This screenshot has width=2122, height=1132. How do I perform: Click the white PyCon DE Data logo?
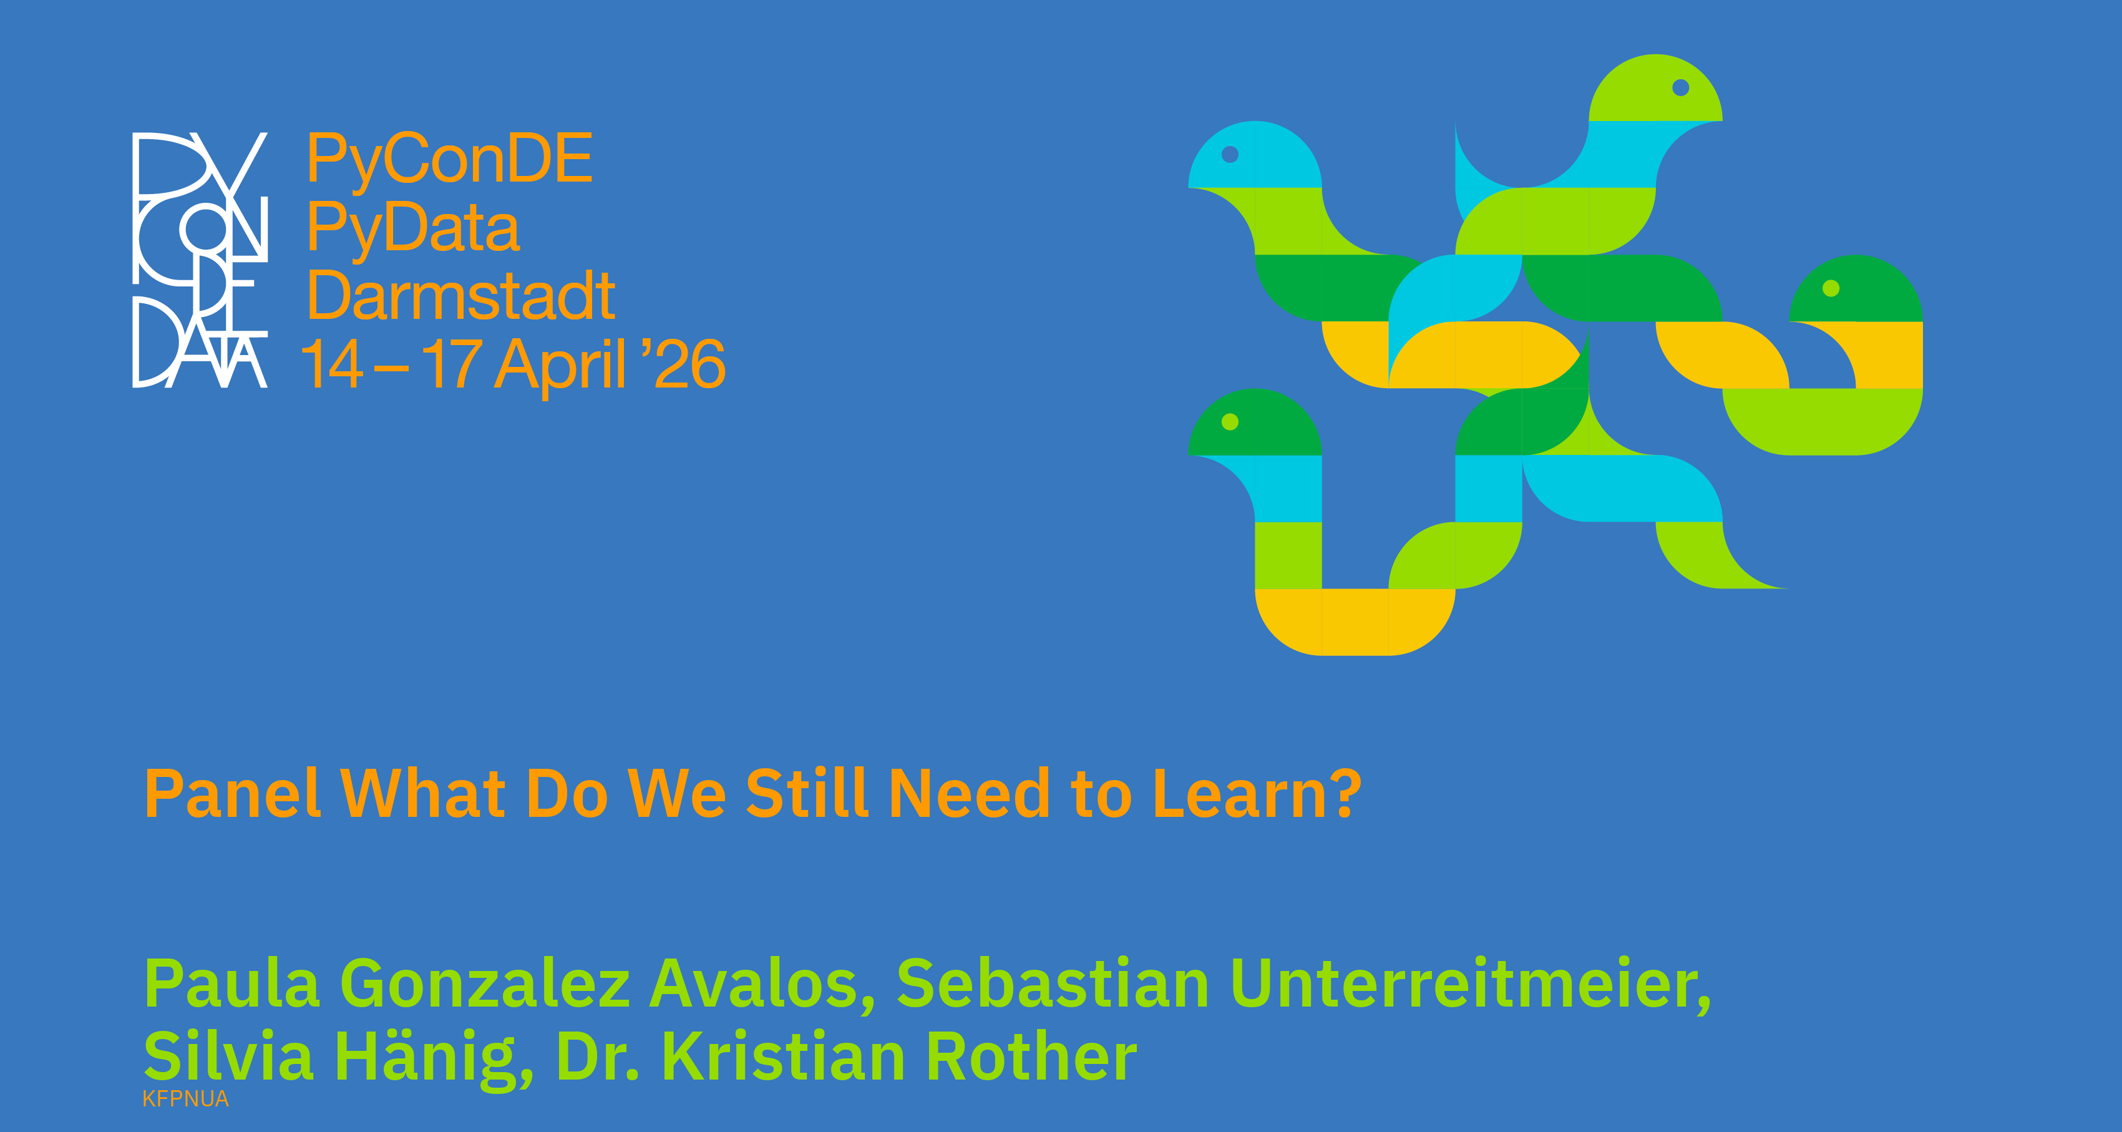[x=200, y=260]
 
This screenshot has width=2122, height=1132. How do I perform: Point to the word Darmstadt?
[x=460, y=295]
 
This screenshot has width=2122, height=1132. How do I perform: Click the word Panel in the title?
[x=232, y=793]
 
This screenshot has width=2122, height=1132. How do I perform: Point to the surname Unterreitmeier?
[x=1471, y=985]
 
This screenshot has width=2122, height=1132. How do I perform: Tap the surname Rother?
[x=1031, y=1056]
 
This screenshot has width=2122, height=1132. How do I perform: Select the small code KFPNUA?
[x=185, y=1099]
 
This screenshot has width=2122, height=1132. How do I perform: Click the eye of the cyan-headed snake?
[x=1230, y=154]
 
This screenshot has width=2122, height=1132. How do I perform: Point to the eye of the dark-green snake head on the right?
[x=1831, y=288]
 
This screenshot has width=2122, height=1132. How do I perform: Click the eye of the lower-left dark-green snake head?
[x=1230, y=422]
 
